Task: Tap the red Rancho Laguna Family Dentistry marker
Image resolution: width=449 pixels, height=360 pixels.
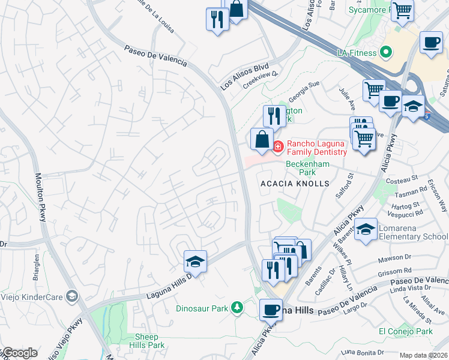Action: point(279,146)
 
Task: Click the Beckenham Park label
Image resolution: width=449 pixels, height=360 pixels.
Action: point(300,167)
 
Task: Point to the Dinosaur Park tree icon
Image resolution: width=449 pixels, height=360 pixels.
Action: point(238,308)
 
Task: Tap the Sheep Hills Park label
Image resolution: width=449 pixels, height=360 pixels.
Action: point(146,341)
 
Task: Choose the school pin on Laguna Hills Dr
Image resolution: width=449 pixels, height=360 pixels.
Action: point(195,262)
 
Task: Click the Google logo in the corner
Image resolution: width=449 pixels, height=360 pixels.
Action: point(19,353)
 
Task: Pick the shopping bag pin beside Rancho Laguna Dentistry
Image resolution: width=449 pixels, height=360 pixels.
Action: point(261,140)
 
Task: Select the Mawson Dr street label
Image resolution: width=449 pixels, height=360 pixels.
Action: point(393,260)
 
